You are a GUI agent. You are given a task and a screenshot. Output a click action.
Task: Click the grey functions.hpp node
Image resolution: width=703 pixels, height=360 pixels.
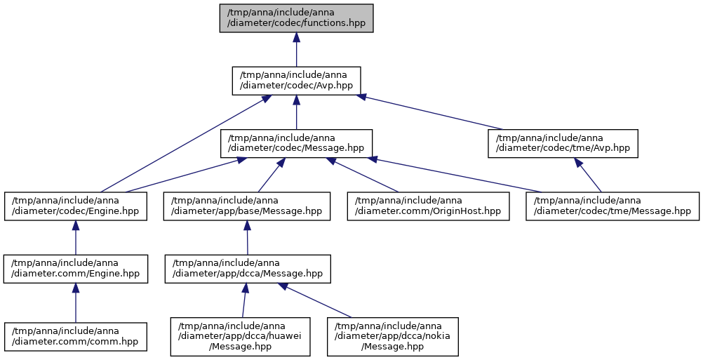296,18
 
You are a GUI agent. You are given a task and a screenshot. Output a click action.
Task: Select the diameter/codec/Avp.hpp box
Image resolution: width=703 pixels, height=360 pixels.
296,81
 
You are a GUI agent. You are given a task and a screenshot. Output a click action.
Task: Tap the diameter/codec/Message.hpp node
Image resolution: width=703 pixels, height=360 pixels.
296,143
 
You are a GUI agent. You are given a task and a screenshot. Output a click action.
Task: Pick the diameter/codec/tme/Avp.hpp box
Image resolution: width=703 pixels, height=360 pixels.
563,143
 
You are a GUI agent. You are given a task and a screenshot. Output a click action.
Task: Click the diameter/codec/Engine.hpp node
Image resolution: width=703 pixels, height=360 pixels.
76,206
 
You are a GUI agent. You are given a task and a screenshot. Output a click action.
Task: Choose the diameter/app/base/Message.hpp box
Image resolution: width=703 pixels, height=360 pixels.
246,206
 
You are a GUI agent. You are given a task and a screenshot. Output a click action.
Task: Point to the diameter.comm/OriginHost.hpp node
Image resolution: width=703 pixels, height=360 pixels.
428,206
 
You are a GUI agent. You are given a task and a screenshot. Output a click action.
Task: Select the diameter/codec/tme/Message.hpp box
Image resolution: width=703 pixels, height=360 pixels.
612,206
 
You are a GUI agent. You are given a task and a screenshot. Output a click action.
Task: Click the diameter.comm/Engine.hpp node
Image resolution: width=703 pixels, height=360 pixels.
76,269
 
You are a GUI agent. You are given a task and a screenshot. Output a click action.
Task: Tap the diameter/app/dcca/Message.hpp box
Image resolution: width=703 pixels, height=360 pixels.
248,269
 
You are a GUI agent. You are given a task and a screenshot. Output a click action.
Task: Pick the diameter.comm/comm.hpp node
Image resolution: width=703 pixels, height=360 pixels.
76,336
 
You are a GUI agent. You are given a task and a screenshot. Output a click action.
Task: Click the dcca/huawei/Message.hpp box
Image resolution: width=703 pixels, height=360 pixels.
240,337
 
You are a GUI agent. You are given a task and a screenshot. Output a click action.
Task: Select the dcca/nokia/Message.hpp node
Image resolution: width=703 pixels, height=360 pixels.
393,337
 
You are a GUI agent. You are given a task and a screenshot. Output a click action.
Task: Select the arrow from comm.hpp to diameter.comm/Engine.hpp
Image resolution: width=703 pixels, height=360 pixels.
76,302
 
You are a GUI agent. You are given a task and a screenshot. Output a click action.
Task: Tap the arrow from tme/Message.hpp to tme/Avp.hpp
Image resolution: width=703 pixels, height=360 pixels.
588,175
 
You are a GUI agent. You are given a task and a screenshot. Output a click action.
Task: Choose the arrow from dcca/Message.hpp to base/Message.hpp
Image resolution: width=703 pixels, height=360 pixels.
247,238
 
